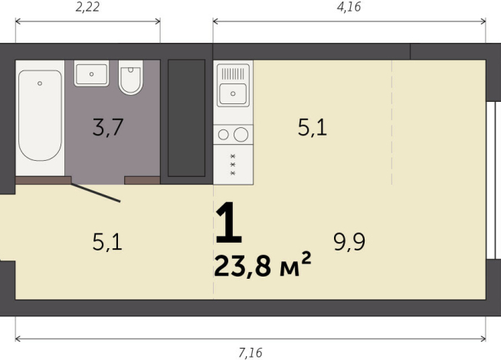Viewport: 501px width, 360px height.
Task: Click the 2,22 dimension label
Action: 88,8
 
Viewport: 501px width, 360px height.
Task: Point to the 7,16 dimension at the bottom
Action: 250,352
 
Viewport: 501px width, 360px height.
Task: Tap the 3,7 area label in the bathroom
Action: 108,128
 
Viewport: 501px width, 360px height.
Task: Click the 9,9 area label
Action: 349,243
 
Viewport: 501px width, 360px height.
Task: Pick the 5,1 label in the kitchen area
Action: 312,128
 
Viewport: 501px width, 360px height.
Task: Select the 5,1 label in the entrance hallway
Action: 107,243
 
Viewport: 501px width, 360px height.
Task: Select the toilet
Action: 132,78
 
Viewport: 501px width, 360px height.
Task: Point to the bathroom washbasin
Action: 92,74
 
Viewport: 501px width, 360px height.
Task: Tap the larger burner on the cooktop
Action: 241,135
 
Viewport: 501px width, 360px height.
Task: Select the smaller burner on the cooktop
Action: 224,135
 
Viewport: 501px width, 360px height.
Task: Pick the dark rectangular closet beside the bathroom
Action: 186,119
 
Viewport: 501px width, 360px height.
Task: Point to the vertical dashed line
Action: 392,123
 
